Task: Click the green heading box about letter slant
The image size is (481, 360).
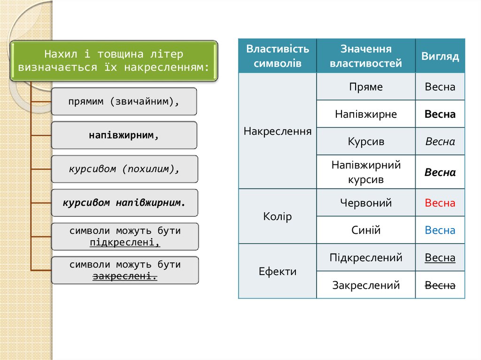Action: tap(114, 61)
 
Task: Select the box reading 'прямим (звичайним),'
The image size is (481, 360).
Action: tap(124, 101)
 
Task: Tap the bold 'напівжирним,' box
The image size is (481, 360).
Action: tap(124, 135)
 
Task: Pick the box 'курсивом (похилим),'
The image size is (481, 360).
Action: tap(124, 169)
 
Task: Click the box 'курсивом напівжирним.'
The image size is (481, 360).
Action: tap(124, 203)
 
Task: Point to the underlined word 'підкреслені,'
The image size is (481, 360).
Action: tap(125, 243)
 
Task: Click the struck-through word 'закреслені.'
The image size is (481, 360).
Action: tap(125, 276)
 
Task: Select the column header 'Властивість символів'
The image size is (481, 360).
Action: tap(277, 56)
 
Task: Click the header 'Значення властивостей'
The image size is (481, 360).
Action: tap(365, 56)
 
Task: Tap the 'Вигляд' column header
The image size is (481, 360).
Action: tap(440, 56)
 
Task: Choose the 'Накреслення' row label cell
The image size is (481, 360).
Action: tap(277, 131)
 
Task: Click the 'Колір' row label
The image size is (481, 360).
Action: tap(277, 216)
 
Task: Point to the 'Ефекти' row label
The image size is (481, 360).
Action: tap(277, 271)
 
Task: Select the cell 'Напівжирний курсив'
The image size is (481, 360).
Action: tap(365, 172)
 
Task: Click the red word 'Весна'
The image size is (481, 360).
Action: tap(440, 203)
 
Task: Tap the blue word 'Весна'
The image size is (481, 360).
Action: tap(440, 230)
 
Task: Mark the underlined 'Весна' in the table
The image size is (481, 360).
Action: tap(440, 258)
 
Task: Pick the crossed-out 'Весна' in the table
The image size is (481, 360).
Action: tap(440, 285)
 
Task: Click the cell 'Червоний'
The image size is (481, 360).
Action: tap(365, 203)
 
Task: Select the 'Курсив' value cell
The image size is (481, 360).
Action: tap(365, 141)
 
